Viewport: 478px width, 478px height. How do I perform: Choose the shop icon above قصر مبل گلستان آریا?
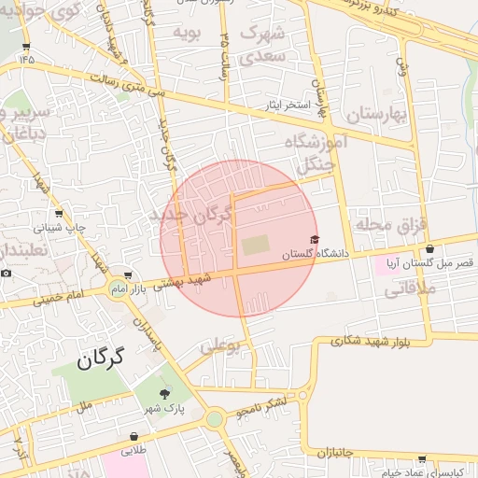coord(429,249)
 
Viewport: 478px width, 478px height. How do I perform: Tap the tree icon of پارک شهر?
coord(167,393)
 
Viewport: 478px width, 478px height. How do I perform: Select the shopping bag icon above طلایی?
coord(134,435)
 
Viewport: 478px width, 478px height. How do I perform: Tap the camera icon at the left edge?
coord(6,273)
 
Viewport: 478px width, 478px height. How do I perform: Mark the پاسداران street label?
coord(149,333)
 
